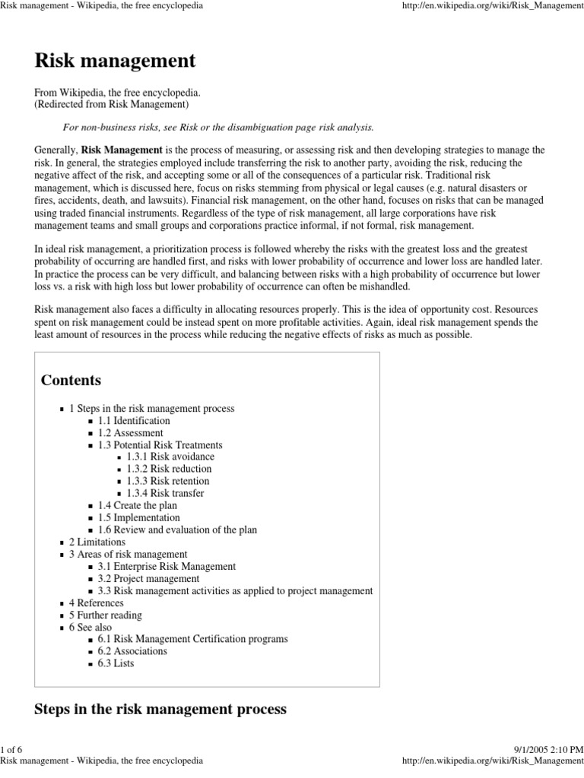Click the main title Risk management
coord(115,60)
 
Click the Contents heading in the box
coord(71,380)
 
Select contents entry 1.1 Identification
coord(134,420)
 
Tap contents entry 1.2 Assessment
coord(130,432)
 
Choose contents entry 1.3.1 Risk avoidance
coord(171,457)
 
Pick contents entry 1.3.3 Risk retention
coord(168,481)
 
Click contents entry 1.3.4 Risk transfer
coord(166,493)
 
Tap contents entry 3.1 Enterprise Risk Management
coord(167,566)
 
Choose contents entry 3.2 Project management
coord(144,578)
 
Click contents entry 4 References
coord(95,602)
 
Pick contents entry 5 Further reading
coord(105,615)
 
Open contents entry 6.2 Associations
coord(132,651)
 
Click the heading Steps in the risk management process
coord(160,710)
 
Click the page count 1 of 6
coord(14,750)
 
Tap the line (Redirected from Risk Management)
coord(112,104)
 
